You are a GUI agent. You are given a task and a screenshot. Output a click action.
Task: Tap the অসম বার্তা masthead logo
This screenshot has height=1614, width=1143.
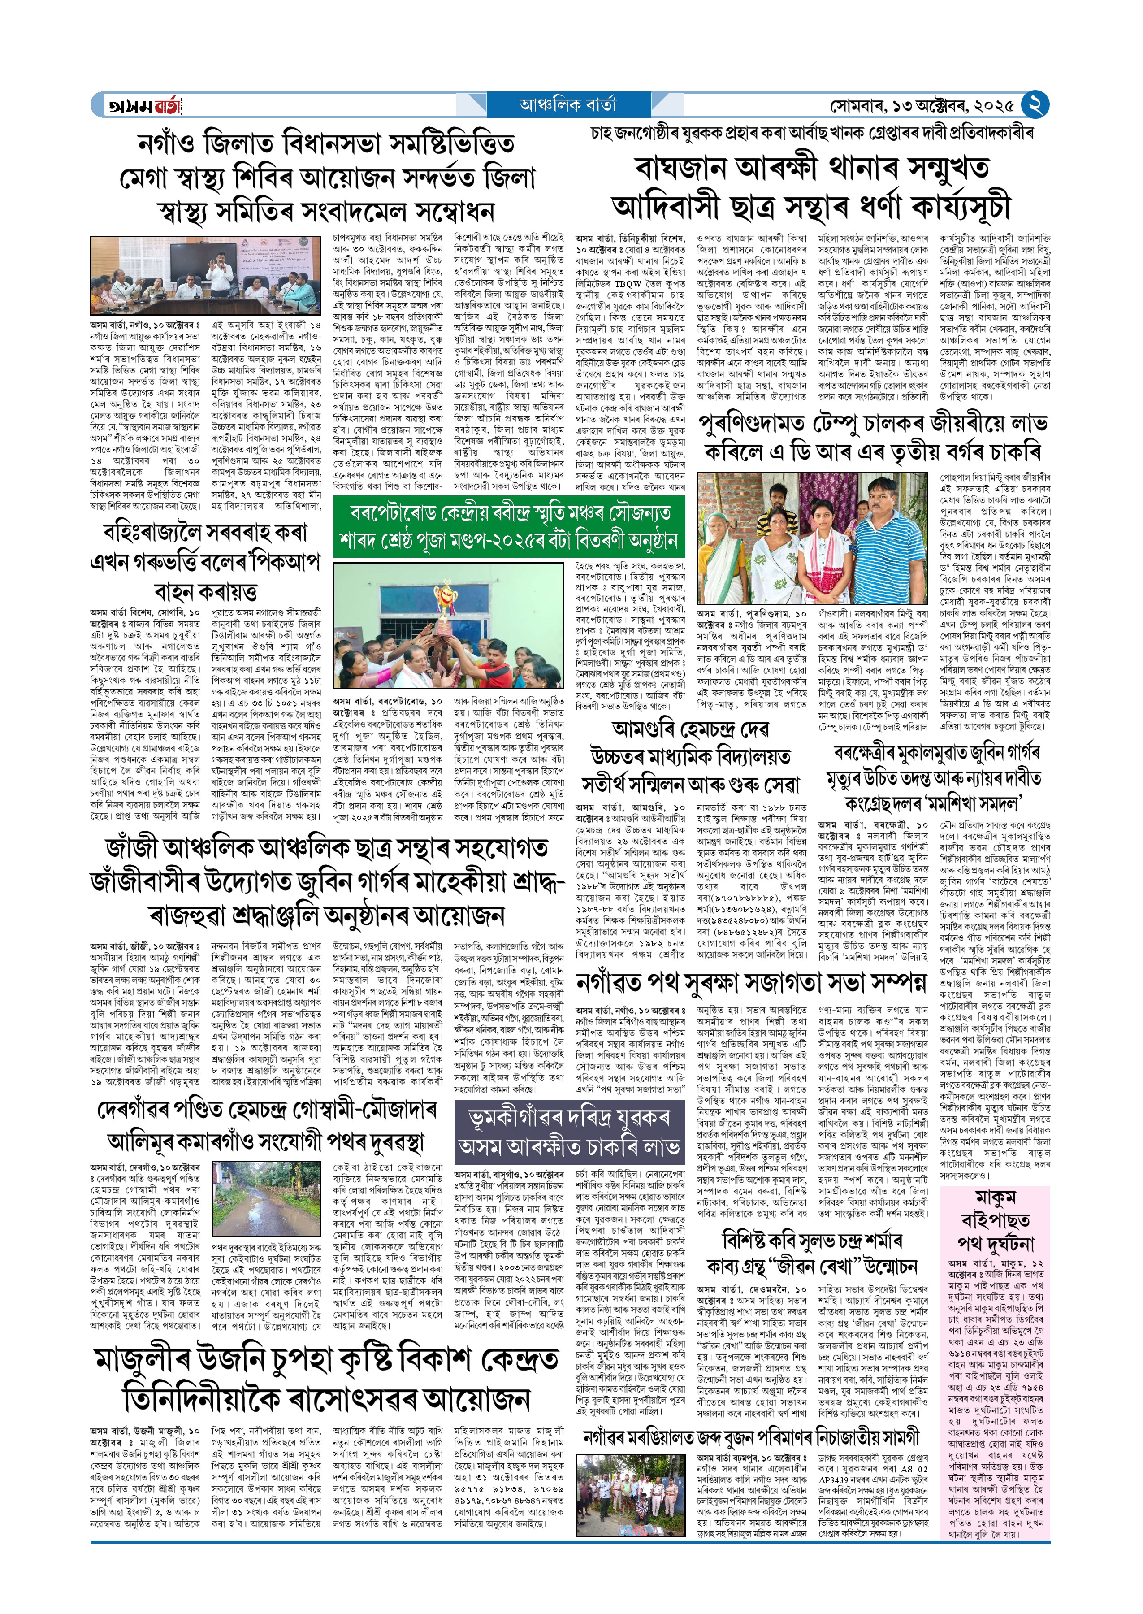pos(143,106)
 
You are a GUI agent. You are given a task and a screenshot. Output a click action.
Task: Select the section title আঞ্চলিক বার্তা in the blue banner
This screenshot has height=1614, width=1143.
pos(567,105)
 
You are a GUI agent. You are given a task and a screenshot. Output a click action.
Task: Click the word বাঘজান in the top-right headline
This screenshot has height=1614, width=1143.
pos(679,169)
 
